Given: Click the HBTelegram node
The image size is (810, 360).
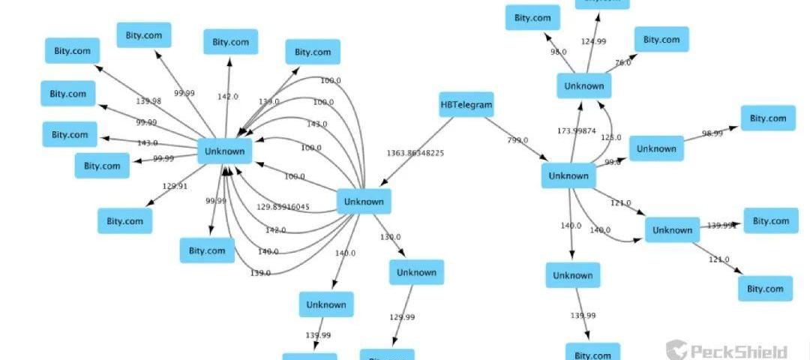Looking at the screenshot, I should pos(466,105).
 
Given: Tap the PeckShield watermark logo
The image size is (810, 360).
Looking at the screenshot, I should pos(727,350).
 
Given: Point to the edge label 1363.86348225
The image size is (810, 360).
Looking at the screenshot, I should pos(415,153).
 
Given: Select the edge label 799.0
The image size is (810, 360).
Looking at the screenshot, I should pos(517,140).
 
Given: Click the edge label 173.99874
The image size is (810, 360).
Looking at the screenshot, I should pos(577,131).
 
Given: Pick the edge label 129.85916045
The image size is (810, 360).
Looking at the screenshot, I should pos(283,207).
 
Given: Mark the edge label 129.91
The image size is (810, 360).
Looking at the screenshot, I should pos(175,186).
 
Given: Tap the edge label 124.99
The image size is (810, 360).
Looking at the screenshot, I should pos(593,41).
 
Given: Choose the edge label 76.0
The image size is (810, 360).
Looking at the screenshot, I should pos(623,63).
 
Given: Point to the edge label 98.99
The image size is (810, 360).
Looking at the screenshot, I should pos(712,133).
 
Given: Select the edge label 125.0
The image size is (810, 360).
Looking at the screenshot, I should pos(611,138).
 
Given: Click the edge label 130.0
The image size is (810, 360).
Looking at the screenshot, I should pos(390,237).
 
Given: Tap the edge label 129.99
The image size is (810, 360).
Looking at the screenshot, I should pos(402,317).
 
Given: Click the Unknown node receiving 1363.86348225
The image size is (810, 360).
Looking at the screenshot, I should pos(364,202).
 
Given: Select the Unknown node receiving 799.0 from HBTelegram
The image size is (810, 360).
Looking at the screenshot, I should pos(568,176).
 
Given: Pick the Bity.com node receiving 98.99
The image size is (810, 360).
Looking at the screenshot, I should pos(768,118).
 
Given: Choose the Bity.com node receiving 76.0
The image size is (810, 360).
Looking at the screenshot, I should pos(661,40).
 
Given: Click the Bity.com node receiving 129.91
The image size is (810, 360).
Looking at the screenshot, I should pos(124,221).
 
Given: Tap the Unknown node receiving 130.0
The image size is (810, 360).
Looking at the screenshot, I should pos(416,272).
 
